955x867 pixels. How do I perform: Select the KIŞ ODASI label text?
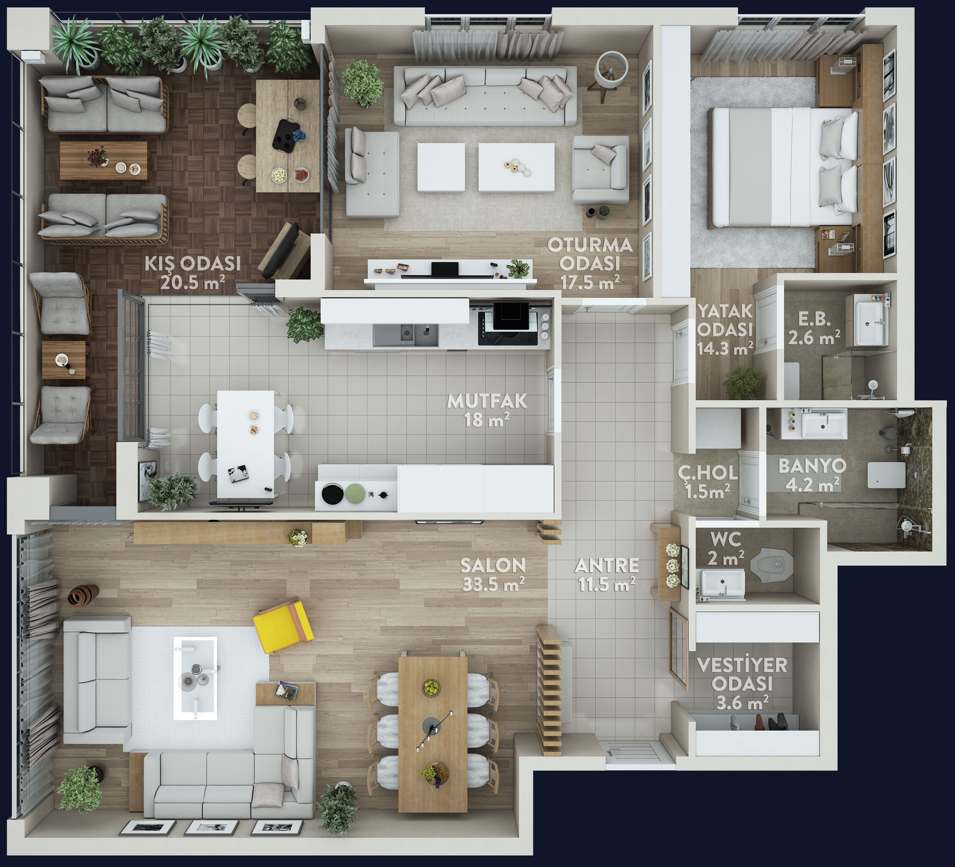click(193, 263)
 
